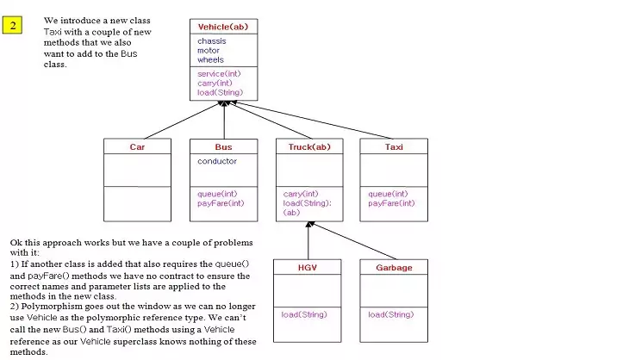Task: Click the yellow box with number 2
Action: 13,24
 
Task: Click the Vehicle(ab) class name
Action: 222,27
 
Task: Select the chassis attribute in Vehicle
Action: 212,40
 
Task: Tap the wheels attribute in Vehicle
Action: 210,59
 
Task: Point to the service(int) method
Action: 219,74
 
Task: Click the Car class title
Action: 137,147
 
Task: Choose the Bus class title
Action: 223,147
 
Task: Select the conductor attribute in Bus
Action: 217,161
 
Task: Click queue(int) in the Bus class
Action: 217,194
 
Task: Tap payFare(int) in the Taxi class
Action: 391,203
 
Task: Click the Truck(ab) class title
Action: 308,147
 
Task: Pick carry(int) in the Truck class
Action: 301,194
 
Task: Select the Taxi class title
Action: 394,147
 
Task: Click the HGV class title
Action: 308,268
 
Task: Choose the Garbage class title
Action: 394,268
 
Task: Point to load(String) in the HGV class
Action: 304,314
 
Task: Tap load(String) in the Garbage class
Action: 390,314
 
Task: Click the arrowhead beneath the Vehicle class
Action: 224,103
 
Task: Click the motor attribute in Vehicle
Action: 209,50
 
